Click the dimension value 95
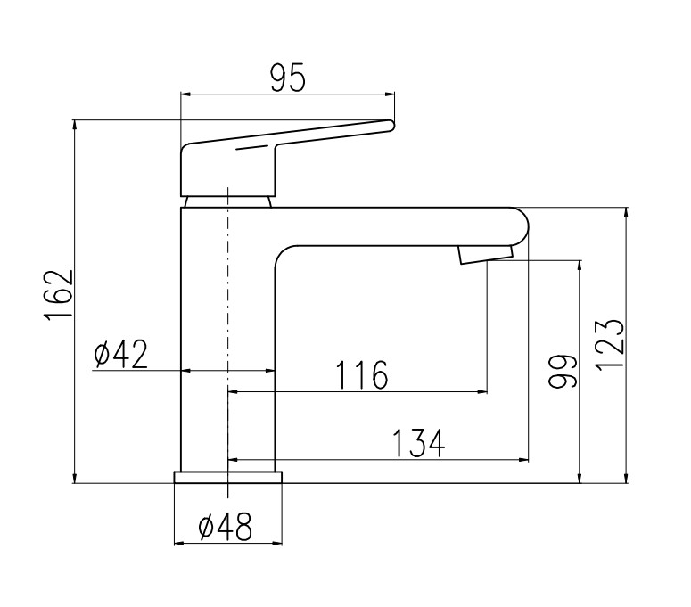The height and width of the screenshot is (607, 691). (287, 78)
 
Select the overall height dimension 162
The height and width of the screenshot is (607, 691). (59, 294)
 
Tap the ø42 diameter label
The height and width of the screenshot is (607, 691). (120, 355)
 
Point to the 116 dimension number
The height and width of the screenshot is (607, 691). (362, 375)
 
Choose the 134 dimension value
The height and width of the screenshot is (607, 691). (419, 443)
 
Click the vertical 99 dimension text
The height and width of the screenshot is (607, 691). (563, 371)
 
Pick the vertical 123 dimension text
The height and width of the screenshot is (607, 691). (611, 345)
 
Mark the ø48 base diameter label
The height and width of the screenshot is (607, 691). (226, 527)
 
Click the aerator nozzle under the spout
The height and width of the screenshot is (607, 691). (486, 255)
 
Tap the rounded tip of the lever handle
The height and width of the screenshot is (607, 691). (390, 126)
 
